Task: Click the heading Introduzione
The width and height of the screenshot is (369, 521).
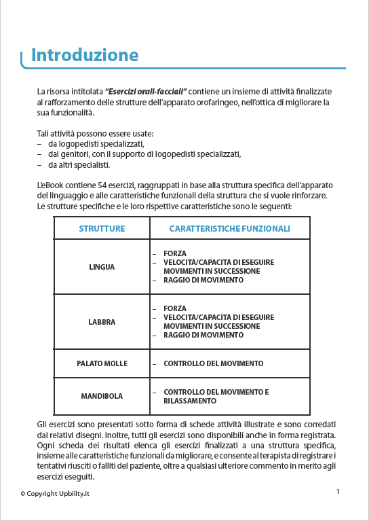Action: [85, 55]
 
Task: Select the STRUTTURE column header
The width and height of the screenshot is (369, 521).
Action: [102, 229]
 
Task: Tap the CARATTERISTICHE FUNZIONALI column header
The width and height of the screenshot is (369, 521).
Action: [229, 229]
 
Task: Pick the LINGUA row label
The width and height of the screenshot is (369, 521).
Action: [102, 267]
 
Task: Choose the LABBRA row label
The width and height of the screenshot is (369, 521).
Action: [102, 322]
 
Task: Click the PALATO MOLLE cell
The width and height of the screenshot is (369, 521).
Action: [102, 363]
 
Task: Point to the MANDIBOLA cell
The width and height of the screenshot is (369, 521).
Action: [102, 396]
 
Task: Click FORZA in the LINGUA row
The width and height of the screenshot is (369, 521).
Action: [175, 253]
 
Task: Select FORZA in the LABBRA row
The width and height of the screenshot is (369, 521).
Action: [175, 308]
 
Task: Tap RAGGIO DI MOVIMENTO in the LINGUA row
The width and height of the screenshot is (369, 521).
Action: [203, 280]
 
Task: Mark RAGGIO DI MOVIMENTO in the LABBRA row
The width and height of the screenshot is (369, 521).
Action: [203, 335]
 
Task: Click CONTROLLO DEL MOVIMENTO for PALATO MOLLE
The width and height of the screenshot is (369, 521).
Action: [213, 363]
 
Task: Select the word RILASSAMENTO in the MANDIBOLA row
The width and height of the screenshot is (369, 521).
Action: [190, 401]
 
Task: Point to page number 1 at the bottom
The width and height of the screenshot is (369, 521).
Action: [338, 490]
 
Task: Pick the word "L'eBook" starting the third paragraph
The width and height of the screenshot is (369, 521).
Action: [50, 185]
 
